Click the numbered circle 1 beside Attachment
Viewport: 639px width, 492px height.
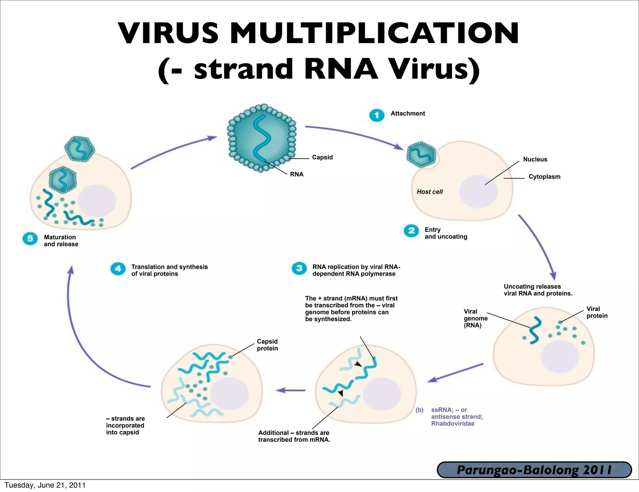[377, 115]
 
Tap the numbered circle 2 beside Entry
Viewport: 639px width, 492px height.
[411, 231]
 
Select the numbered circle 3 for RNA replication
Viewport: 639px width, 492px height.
[299, 268]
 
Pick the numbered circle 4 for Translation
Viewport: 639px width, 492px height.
[118, 268]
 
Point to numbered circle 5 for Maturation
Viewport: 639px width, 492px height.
[30, 239]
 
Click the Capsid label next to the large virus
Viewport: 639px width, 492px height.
[322, 157]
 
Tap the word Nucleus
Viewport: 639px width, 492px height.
[535, 159]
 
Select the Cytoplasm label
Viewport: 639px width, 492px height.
[544, 177]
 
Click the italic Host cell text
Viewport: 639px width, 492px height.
[430, 192]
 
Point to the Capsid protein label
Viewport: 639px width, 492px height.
[267, 345]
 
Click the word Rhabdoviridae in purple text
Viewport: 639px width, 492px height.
[453, 424]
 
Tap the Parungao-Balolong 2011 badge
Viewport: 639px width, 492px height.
[534, 470]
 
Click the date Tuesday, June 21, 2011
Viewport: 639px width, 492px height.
[45, 485]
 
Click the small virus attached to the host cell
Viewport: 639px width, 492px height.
[421, 155]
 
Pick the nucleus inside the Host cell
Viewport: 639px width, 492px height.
[478, 191]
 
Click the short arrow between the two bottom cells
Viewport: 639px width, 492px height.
[290, 390]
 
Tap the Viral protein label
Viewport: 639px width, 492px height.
[597, 312]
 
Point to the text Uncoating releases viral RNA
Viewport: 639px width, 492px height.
[538, 290]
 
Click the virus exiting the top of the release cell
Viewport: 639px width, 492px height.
[80, 149]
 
